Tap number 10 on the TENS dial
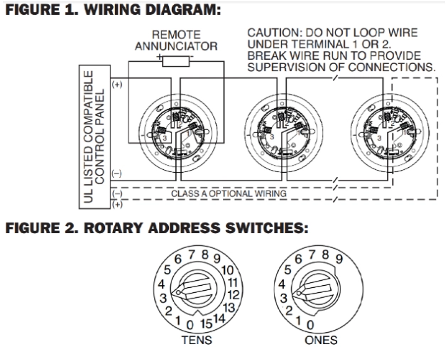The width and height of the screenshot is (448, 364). point(229,269)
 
